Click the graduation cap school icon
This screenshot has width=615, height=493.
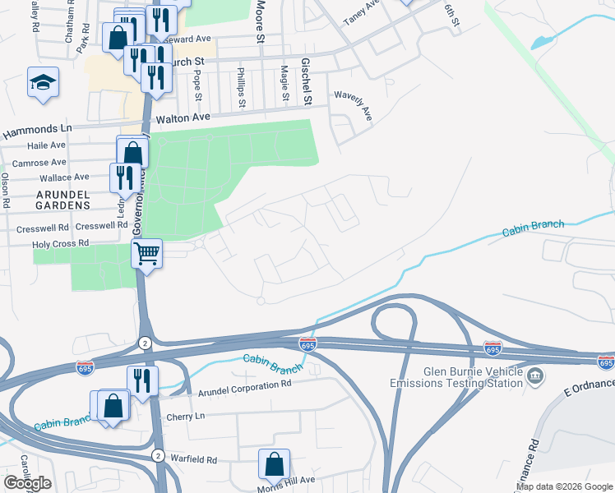click(43, 82)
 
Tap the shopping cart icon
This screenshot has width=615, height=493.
click(146, 252)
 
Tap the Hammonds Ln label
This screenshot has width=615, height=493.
click(38, 129)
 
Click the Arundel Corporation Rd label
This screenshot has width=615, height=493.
click(245, 384)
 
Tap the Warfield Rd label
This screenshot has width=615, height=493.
click(194, 460)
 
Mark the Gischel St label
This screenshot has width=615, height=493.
click(307, 81)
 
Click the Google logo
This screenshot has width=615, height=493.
click(27, 483)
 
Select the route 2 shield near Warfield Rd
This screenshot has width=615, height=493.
click(157, 454)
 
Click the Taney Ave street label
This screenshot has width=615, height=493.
click(362, 13)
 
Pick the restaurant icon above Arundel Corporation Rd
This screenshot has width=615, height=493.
click(142, 380)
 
